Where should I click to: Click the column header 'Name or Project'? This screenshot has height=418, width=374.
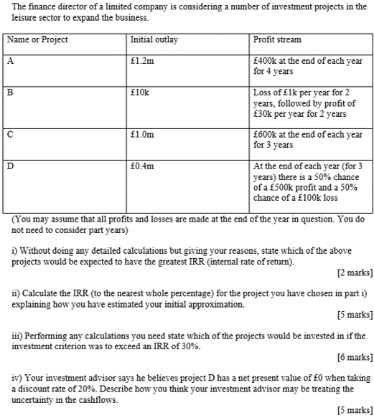37,39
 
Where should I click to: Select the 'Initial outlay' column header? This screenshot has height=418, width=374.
154,39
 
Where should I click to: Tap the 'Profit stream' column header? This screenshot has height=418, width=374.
278,39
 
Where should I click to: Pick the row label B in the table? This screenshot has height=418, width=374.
10,92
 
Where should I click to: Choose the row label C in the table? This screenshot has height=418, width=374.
10,134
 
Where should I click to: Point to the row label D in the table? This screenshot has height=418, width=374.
10,166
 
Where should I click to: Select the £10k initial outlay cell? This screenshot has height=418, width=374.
140,92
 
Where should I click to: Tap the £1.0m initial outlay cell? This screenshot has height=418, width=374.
142,134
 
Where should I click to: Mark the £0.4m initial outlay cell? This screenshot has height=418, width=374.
142,166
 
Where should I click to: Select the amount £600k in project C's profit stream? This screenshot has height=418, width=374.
267,134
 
